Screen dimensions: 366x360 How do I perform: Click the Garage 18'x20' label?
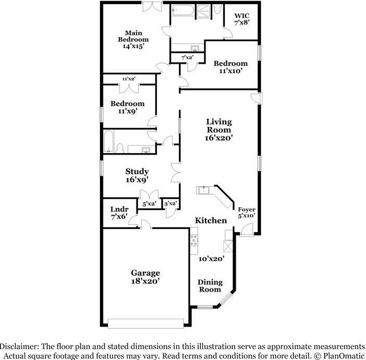145,277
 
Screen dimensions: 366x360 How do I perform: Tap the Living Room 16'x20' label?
219,130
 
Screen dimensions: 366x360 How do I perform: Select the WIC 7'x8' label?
242,19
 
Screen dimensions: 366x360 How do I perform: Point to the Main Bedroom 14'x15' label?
133,39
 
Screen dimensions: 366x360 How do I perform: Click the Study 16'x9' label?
137,176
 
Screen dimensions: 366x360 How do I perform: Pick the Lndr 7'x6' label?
119,213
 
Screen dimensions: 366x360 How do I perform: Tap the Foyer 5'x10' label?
246,213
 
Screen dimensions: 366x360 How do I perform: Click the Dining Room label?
210,286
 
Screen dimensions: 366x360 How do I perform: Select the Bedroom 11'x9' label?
128,107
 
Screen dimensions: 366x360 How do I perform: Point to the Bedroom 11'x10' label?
231,67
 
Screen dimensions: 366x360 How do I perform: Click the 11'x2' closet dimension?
129,79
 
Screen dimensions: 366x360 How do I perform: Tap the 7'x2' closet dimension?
187,57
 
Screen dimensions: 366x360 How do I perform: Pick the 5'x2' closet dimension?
149,204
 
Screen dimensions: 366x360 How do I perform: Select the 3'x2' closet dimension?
170,203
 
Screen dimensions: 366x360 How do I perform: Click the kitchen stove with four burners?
194,240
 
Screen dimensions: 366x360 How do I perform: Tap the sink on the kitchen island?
203,190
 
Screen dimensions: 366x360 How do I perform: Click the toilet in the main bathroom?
218,9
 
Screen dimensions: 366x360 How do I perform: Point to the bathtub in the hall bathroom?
109,142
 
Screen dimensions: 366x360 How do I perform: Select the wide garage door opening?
146,323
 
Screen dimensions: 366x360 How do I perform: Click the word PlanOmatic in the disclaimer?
344,356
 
